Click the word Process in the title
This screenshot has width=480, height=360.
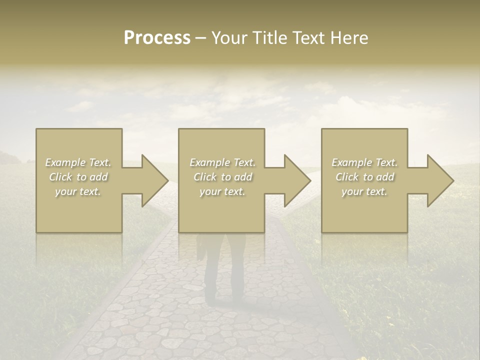point(157,38)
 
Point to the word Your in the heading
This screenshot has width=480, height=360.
point(229,38)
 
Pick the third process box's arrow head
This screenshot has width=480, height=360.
point(439,180)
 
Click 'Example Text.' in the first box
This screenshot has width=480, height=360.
point(78,162)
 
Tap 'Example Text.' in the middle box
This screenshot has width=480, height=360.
point(222,162)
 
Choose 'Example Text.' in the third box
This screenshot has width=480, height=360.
point(364,162)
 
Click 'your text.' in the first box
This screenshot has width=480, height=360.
point(78,191)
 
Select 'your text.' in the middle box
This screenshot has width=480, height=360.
point(222,191)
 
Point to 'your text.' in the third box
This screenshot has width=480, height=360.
point(364,191)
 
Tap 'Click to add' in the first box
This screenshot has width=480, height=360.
point(78,177)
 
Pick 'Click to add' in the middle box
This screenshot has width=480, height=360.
point(222,177)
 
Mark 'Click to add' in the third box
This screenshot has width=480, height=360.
point(364,177)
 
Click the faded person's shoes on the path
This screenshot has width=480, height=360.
point(224,300)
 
